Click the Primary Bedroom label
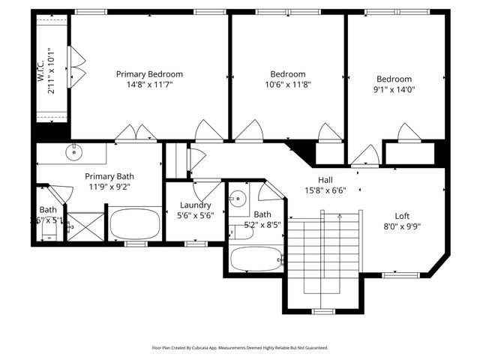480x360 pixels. point(149,74)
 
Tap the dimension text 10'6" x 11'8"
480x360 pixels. point(288,85)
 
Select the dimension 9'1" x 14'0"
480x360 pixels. point(394,89)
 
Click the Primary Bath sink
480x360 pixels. point(73,153)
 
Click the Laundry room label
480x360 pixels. point(195,205)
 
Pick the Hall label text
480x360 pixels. point(325,180)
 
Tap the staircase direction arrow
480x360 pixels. point(340,217)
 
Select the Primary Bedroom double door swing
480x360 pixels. point(136,133)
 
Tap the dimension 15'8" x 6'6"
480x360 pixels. point(325,190)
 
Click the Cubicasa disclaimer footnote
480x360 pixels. point(240,348)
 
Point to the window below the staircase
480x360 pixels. point(322,310)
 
